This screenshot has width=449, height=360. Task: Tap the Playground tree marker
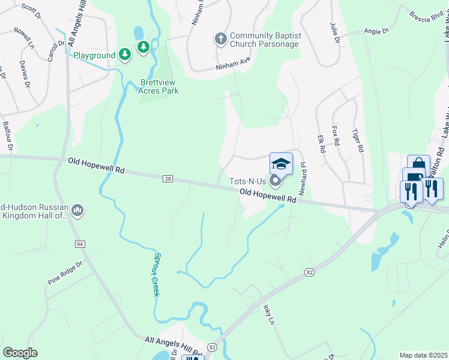[x=124, y=55]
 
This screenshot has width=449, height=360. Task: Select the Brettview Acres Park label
[x=160, y=86]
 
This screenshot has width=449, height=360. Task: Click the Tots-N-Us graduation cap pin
[x=281, y=164]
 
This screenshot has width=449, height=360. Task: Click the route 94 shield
[x=79, y=244]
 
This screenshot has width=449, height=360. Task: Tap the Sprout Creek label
[x=155, y=274]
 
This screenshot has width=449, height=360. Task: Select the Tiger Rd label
[x=358, y=140]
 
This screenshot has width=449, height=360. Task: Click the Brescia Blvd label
[x=425, y=14]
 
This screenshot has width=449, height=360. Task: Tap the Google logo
[x=20, y=353]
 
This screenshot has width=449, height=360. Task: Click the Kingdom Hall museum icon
[x=77, y=211]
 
